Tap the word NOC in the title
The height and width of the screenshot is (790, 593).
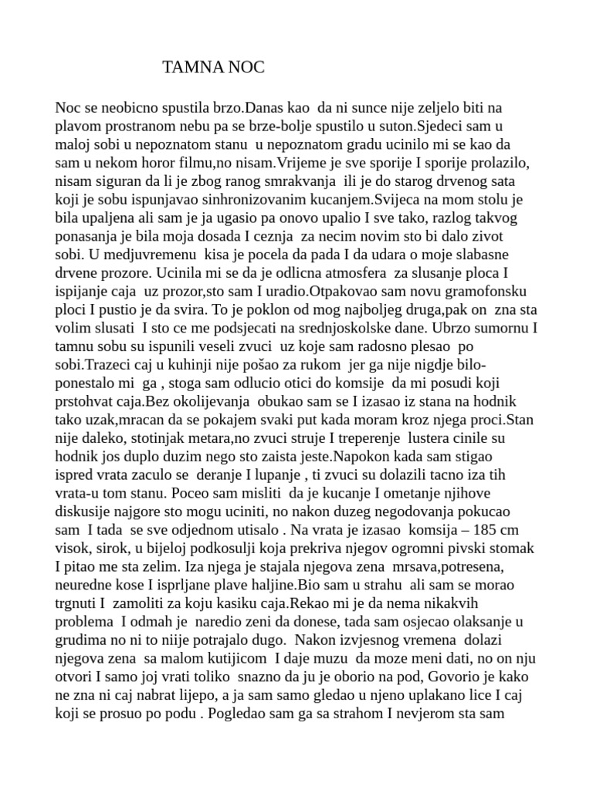pyautogui.click(x=246, y=68)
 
